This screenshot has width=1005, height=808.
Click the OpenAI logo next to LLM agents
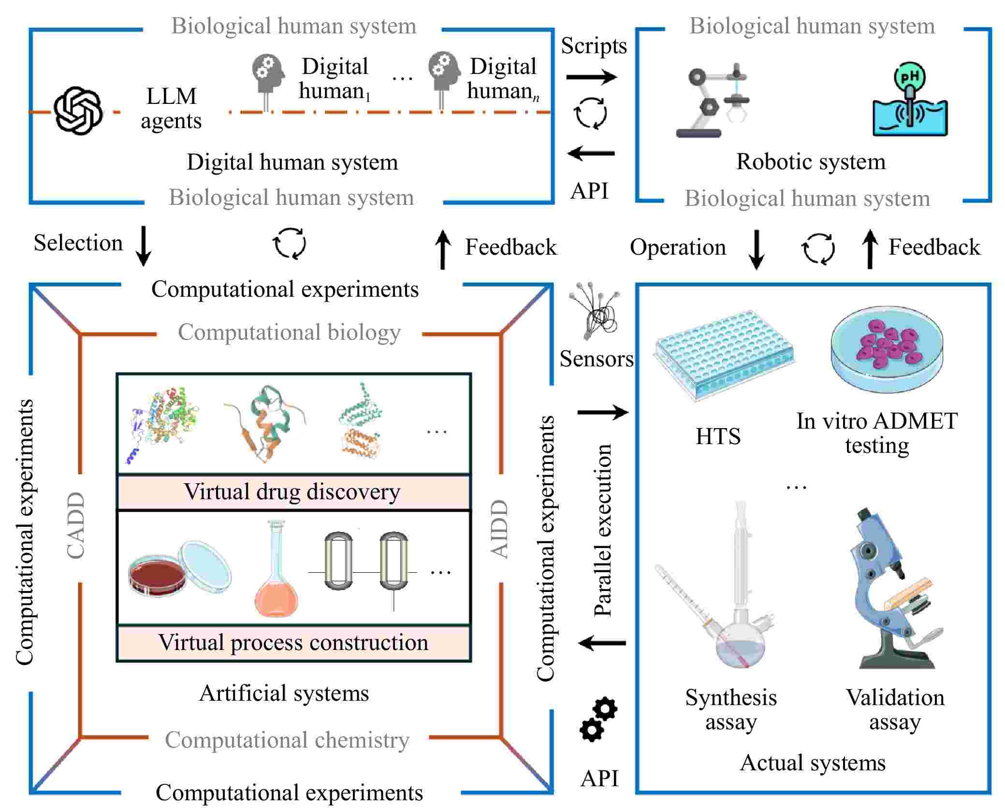(x=78, y=111)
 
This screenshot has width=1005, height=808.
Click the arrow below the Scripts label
(x=591, y=77)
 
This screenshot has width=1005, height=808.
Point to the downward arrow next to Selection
(x=143, y=245)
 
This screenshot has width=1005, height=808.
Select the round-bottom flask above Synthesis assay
(x=740, y=643)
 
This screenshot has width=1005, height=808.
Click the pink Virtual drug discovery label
(x=293, y=492)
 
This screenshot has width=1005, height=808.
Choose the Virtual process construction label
(x=293, y=643)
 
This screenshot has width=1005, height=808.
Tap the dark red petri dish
(x=157, y=576)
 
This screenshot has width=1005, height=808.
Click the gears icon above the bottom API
(x=598, y=720)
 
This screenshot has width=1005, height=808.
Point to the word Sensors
(x=596, y=359)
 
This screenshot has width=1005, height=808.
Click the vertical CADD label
(x=76, y=526)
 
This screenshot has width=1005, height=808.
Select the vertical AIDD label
(x=500, y=529)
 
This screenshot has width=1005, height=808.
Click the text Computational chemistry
(x=287, y=740)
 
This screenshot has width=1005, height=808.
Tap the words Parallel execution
(x=603, y=530)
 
